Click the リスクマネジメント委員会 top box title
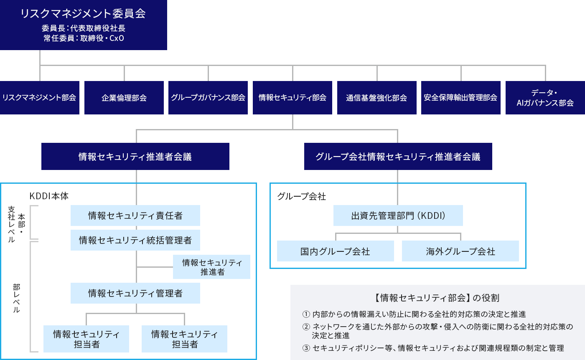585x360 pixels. tap(83, 13)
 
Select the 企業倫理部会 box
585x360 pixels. tap(124, 98)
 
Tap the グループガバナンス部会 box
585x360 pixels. tap(208, 98)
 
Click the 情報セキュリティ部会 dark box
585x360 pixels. tap(292, 98)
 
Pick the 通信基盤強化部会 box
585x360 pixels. tap(376, 98)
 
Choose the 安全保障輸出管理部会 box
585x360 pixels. tap(460, 98)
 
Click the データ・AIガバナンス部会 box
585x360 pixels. tap(545, 98)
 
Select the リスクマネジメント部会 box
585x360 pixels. tap(40, 98)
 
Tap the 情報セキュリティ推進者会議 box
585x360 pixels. tap(135, 157)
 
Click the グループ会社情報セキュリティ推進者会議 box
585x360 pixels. tap(398, 157)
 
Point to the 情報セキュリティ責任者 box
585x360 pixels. tap(135, 215)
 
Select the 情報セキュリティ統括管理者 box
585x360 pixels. tap(135, 240)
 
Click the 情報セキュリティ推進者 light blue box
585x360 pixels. tap(212, 267)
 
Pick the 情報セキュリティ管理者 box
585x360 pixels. tap(135, 293)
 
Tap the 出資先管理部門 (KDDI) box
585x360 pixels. tap(398, 215)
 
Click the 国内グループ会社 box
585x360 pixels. tap(335, 251)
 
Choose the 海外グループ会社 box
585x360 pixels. tap(460, 251)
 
